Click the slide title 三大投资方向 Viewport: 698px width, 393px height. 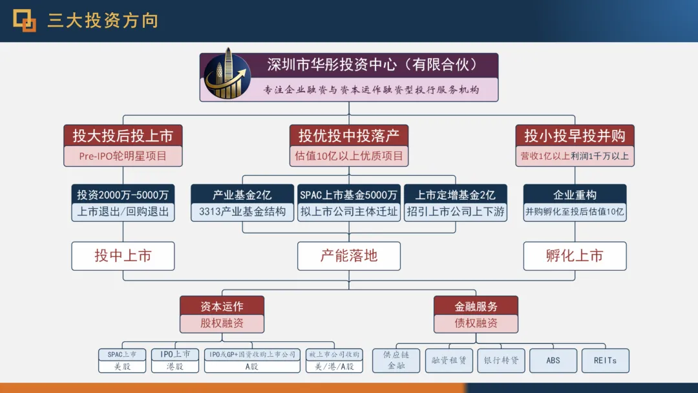(103, 21)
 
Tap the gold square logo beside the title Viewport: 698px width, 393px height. (25, 21)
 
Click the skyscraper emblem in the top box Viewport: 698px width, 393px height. (227, 77)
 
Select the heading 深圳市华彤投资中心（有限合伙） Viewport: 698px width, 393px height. (372, 65)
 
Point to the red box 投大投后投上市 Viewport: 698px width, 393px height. (123, 136)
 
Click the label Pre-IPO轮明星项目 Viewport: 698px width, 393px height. (123, 156)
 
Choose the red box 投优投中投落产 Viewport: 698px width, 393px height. (349, 136)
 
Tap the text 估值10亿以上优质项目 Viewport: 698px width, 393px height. (349, 156)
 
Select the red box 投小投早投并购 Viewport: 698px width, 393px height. (575, 136)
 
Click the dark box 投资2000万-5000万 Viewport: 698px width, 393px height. (123, 194)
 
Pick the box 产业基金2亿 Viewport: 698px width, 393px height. (242, 194)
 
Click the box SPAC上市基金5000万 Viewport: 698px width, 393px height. (349, 194)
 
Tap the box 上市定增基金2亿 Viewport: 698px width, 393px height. (456, 194)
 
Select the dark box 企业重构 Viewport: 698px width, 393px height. (575, 194)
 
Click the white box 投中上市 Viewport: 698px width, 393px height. (123, 256)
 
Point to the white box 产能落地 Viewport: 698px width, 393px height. (349, 256)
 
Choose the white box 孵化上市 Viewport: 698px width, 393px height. (575, 256)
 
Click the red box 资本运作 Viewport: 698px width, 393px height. (222, 306)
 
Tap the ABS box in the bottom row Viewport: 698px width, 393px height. (553, 360)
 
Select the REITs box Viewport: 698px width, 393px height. (606, 360)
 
